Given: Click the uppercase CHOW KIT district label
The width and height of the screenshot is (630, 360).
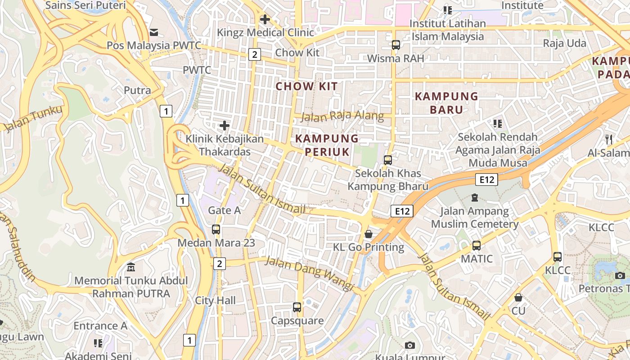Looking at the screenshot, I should (x=306, y=86).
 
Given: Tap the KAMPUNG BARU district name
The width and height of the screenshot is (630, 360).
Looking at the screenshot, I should (x=446, y=103).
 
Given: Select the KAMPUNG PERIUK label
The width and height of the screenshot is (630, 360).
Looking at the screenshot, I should (x=327, y=145).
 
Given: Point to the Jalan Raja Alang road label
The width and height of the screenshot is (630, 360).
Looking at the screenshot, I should (x=342, y=117).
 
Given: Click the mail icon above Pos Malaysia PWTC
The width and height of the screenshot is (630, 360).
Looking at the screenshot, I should (x=154, y=32).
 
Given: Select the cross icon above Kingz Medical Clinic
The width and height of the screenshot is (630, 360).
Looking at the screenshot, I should (x=265, y=19).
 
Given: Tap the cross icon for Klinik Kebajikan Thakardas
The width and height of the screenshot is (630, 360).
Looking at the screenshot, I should (x=225, y=125).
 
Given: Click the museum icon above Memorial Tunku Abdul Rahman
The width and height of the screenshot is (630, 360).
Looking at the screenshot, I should (x=131, y=267).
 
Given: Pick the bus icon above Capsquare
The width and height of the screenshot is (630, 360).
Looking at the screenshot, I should (x=297, y=307).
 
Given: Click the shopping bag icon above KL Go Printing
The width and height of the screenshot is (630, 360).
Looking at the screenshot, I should (x=369, y=234).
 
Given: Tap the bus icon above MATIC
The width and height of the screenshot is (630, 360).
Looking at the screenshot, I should (x=477, y=246).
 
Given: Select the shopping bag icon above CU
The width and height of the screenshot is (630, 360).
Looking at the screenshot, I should (x=518, y=297).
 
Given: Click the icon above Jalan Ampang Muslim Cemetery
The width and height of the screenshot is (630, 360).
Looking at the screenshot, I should (x=475, y=197).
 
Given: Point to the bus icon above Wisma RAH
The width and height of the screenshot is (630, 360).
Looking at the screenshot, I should (x=396, y=45).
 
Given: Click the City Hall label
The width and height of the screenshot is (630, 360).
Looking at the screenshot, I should (x=215, y=301).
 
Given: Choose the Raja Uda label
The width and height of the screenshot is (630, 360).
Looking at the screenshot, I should (x=564, y=43).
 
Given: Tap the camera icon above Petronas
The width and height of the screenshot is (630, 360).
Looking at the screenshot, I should (x=620, y=275).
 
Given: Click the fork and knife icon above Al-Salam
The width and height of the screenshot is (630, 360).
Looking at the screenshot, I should (x=609, y=139).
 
